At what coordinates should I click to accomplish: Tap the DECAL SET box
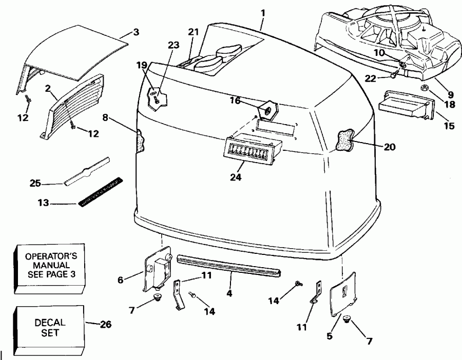(x=50, y=327)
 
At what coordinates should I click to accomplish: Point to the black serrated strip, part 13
(x=100, y=190)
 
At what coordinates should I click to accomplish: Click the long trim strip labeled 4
(x=229, y=265)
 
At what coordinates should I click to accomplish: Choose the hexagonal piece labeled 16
(x=267, y=109)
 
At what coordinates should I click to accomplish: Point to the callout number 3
(x=136, y=32)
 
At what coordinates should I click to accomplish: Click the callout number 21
(x=192, y=32)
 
